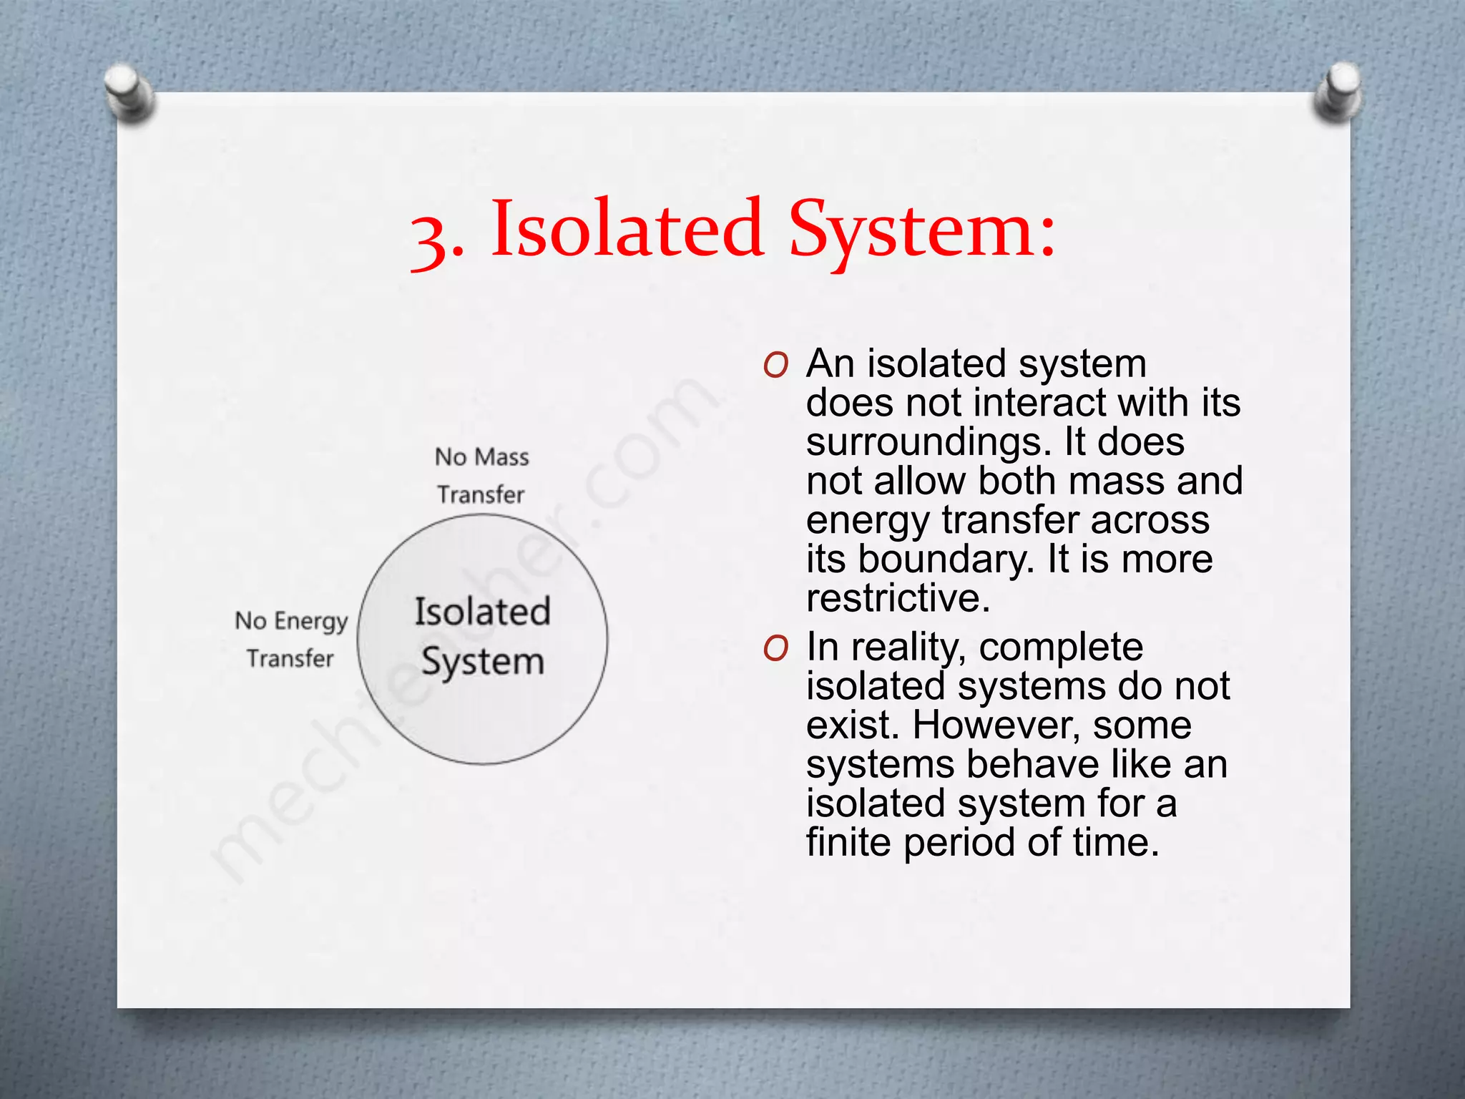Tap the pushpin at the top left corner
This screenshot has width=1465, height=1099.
pos(129,92)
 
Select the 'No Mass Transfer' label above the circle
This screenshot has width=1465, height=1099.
pos(481,475)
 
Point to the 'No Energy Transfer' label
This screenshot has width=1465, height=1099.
pos(291,639)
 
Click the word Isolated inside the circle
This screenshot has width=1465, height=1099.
pos(483,612)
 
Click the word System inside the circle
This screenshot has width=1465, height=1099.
pos(483,662)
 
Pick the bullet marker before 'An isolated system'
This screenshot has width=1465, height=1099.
pos(775,366)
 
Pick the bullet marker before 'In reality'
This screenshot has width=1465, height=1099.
pos(775,648)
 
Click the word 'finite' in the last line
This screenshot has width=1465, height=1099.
pos(848,842)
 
